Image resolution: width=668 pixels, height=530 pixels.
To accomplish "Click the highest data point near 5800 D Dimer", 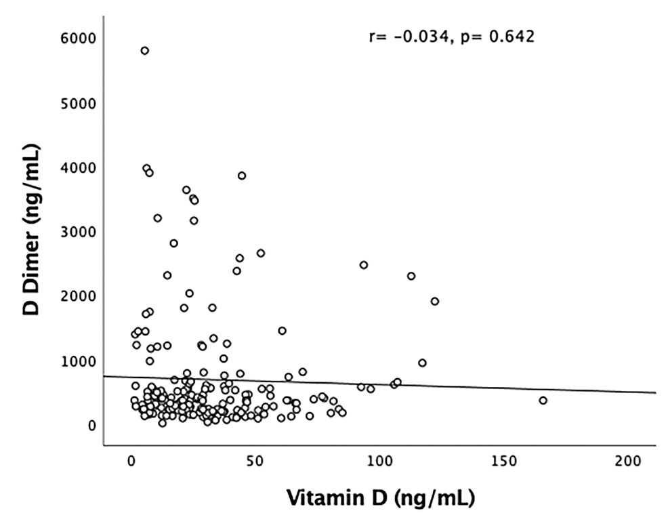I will click(144, 51).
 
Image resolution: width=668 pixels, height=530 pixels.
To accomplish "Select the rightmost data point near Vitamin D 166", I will click(543, 401).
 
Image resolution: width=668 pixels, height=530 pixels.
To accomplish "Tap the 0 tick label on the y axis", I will click(91, 426).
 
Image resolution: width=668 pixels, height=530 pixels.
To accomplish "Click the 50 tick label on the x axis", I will click(255, 461).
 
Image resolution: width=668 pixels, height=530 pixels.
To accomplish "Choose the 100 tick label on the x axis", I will click(379, 461).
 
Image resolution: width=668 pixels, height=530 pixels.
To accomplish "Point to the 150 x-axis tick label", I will click(503, 461).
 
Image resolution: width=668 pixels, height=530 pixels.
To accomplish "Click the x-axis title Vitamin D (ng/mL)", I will click(379, 499).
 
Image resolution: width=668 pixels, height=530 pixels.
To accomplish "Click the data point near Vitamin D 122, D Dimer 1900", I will click(435, 302).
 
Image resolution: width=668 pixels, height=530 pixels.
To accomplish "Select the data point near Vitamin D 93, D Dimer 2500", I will click(363, 265).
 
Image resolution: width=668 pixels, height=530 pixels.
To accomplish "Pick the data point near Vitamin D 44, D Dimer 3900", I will click(242, 176).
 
